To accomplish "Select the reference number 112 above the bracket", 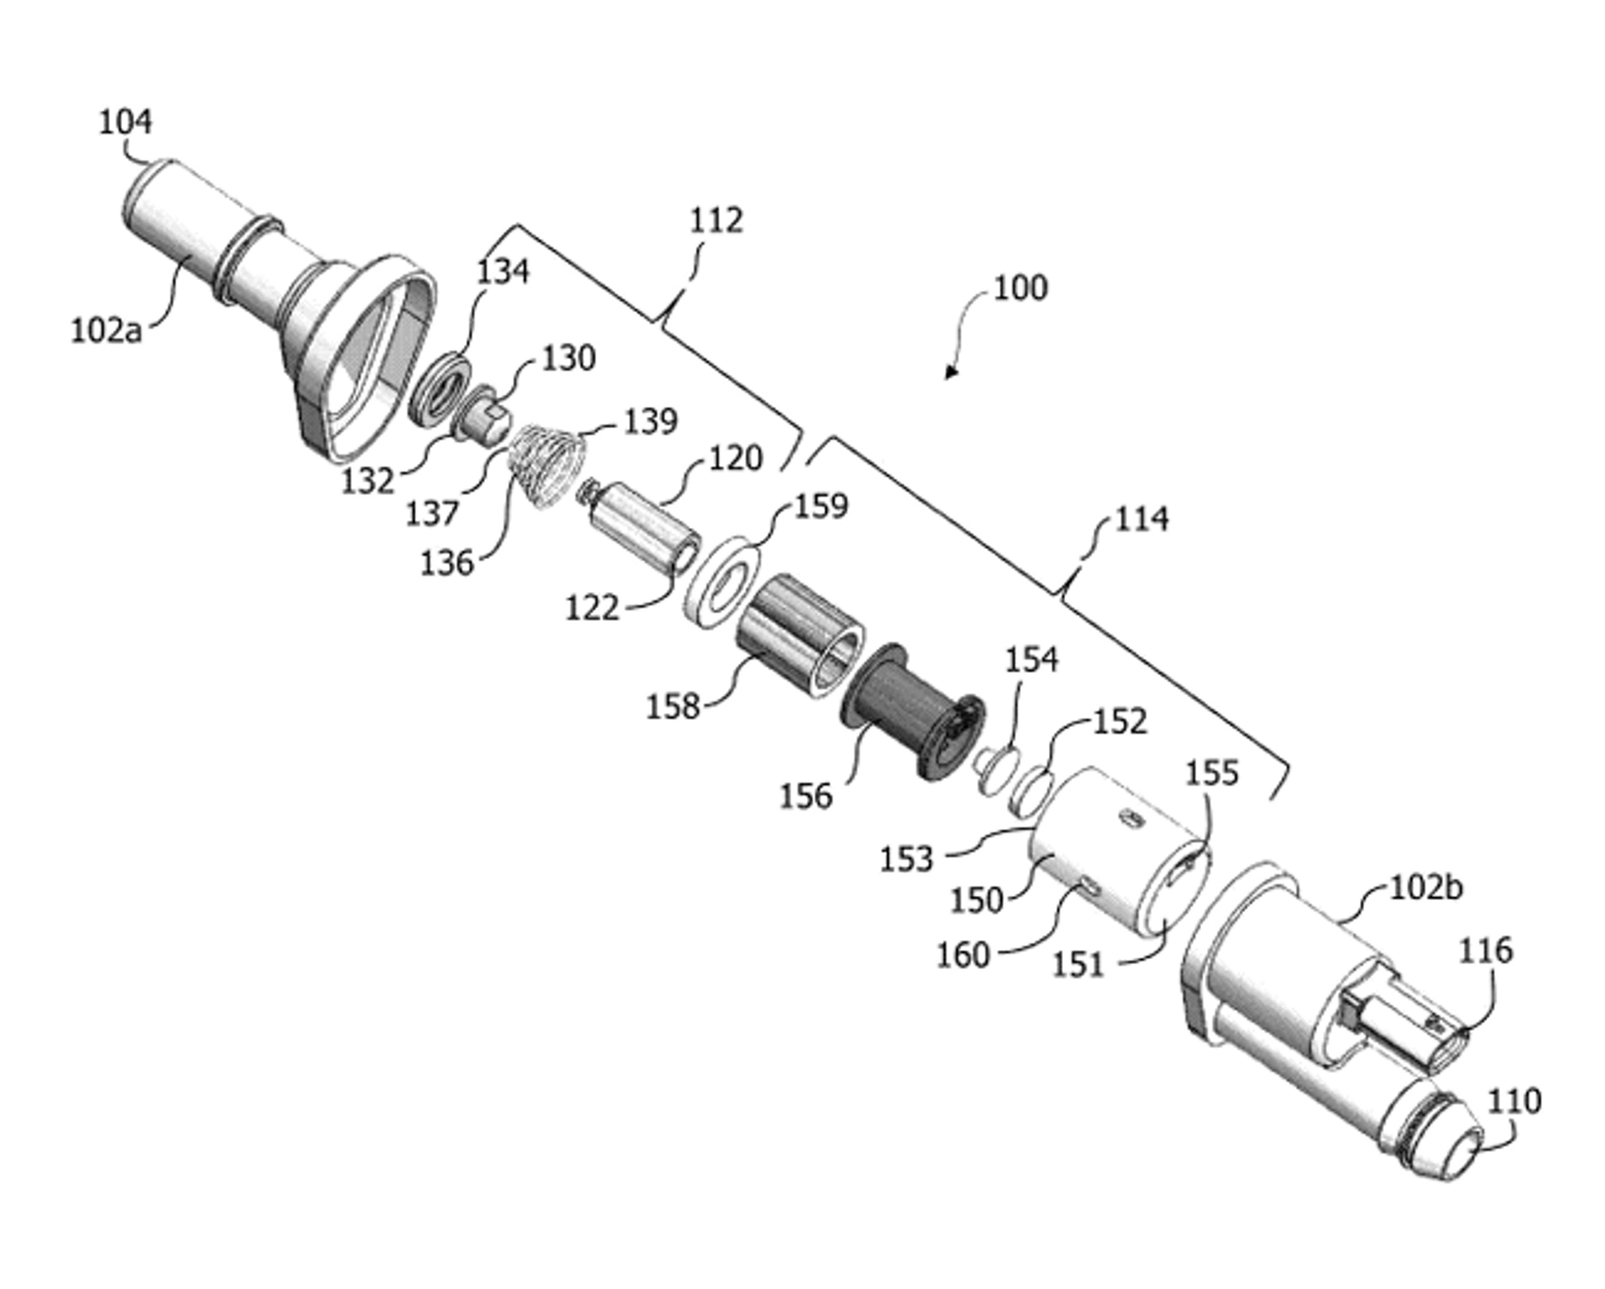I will (716, 220).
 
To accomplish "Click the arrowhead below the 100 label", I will (950, 372).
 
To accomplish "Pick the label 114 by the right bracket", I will (1141, 519).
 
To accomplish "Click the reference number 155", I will (1211, 773).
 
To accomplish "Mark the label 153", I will (906, 860).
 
